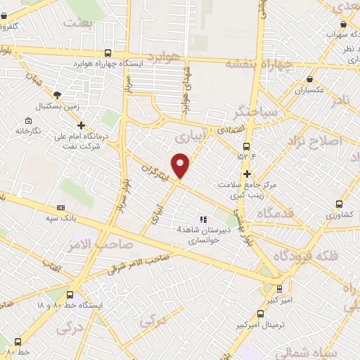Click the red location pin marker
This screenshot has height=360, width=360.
tap(181, 165)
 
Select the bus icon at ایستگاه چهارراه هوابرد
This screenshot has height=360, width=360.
tap(107, 53)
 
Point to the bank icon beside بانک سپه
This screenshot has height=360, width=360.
tap(60, 207)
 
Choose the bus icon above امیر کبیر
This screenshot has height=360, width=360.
tap(279, 288)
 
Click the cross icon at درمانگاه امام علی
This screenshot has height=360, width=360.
tap(82, 125)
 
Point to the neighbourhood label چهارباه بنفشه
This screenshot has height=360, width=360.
tap(257, 63)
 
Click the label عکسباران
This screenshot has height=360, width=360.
tap(309, 91)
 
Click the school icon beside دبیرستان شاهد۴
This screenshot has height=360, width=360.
tap(204, 219)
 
